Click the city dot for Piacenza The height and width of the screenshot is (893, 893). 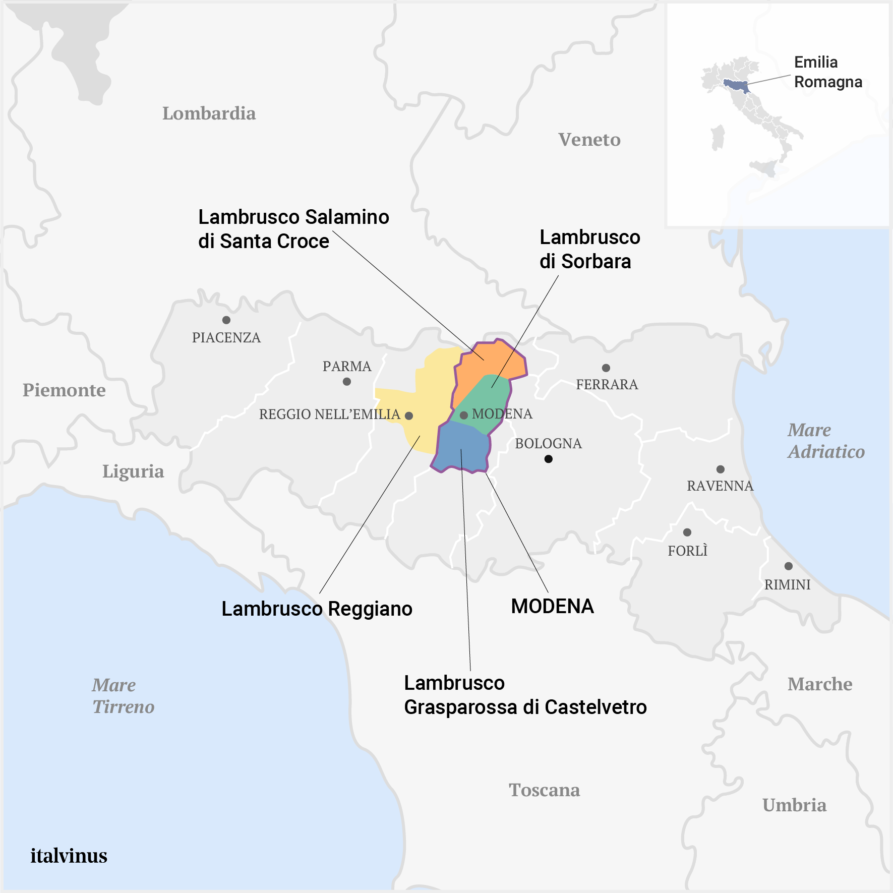(226, 320)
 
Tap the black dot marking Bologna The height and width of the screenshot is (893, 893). (549, 459)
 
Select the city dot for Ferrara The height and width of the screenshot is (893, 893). (606, 368)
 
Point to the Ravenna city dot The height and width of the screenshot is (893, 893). (721, 469)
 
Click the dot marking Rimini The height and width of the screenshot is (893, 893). (789, 566)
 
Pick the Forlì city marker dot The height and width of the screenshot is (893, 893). (687, 532)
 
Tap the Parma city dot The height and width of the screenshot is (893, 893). (347, 382)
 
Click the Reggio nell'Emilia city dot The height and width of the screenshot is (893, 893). (409, 416)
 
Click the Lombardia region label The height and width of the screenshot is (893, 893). (209, 113)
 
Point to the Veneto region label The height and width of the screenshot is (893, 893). (589, 140)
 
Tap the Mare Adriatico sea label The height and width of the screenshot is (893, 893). (826, 441)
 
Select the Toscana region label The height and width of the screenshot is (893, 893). (544, 790)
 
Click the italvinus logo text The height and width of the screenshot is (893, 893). (69, 856)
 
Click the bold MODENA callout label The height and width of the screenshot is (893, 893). (552, 606)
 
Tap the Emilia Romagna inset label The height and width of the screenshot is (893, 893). (827, 72)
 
